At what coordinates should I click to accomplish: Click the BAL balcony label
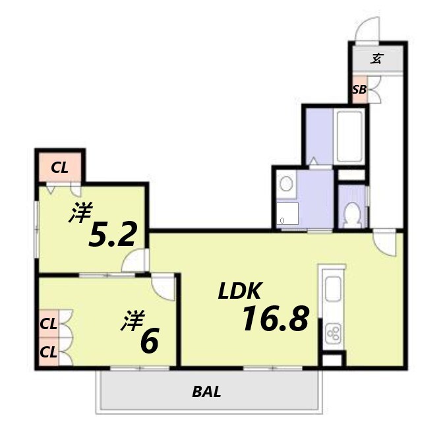point(206,392)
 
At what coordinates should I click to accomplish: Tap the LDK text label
point(239,291)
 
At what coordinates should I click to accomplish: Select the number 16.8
point(275,319)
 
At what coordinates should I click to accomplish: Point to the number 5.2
point(112,234)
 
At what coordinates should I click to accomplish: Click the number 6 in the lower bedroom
point(149,341)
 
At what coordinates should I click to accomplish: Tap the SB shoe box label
point(359,90)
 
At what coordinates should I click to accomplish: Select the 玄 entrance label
point(376,59)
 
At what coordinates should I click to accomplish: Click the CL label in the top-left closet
point(59,168)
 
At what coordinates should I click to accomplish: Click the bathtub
point(350,137)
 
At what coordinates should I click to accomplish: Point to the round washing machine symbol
point(286,183)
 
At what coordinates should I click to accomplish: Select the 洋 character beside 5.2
point(81,212)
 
